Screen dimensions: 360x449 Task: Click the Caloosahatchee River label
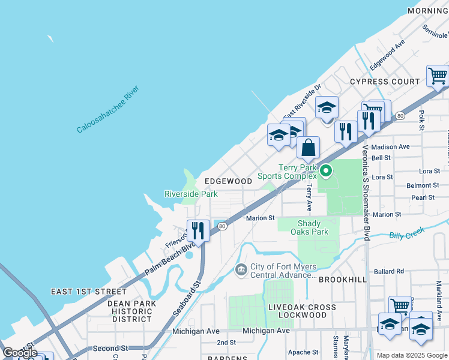[x=108, y=109]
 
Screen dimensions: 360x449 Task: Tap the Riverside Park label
[x=191, y=194]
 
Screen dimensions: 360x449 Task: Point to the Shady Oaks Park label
[x=309, y=227]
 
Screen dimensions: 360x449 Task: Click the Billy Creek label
[x=406, y=233]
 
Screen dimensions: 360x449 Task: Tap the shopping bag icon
[x=308, y=148]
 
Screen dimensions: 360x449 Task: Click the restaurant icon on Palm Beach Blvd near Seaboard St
[x=197, y=230]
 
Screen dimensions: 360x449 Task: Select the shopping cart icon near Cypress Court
[x=438, y=76]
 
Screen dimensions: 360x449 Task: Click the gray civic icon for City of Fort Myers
[x=241, y=269]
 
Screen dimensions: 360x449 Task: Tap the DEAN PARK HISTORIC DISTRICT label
[x=131, y=311]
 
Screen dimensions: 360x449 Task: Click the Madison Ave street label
[x=390, y=146]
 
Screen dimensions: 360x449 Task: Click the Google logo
[x=20, y=353]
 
